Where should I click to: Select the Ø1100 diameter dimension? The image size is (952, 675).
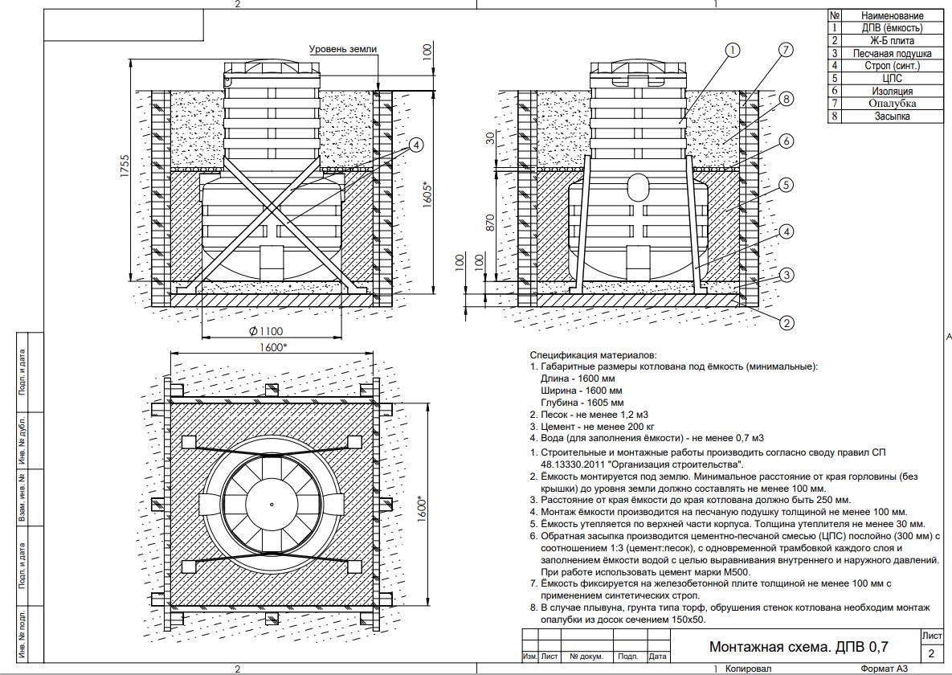(266, 329)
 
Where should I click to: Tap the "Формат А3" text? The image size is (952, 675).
(883, 669)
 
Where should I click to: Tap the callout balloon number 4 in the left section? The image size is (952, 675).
(415, 145)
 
